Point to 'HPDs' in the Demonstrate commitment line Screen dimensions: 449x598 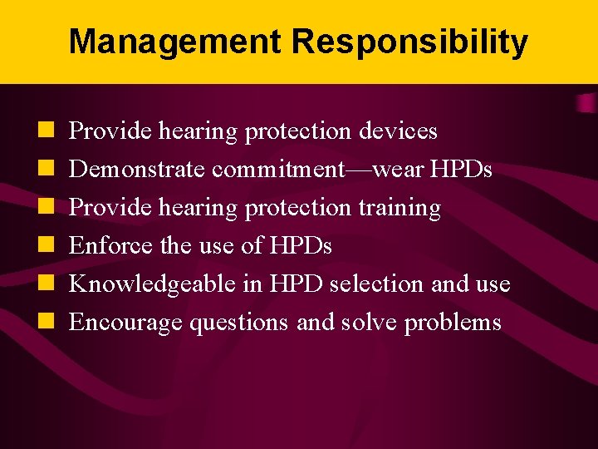point(462,170)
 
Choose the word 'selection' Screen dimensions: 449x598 point(378,284)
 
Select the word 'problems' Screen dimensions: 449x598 point(453,323)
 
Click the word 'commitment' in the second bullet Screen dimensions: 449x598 point(277,170)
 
